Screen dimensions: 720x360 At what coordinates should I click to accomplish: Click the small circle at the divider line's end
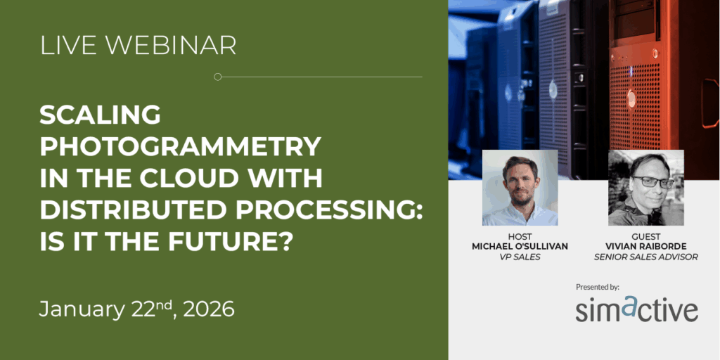pyautogui.click(x=218, y=77)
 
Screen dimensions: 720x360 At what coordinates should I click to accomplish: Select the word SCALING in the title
pyautogui.click(x=100, y=115)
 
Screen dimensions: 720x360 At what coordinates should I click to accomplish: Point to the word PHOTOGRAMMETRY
pyautogui.click(x=180, y=146)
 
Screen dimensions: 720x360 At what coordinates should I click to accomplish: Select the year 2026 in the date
pyautogui.click(x=208, y=309)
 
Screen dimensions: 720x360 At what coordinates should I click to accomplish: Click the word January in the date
pyautogui.click(x=82, y=310)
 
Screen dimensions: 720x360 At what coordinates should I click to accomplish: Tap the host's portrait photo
pyautogui.click(x=520, y=187)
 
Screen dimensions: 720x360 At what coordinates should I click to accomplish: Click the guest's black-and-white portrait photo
pyautogui.click(x=646, y=187)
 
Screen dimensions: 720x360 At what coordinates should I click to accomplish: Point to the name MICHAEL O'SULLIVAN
pyautogui.click(x=520, y=247)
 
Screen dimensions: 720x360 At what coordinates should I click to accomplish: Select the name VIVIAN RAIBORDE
pyautogui.click(x=646, y=247)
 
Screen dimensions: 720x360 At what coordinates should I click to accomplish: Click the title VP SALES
pyautogui.click(x=520, y=257)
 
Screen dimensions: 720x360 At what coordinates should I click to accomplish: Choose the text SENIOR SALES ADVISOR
pyautogui.click(x=646, y=257)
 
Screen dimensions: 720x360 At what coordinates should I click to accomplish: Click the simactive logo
pyautogui.click(x=637, y=309)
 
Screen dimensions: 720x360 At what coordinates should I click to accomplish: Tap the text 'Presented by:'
pyautogui.click(x=598, y=287)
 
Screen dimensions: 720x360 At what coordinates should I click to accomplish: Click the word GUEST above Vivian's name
pyautogui.click(x=646, y=236)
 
